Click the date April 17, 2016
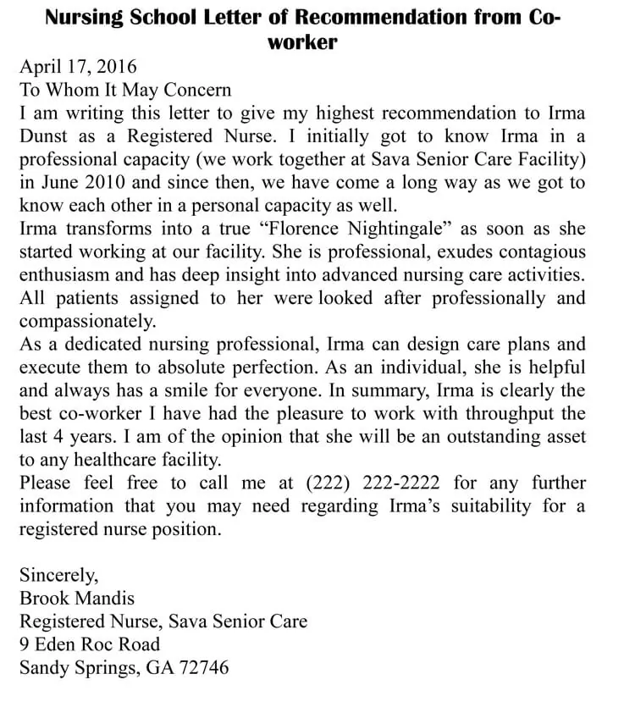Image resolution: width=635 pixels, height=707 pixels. (78, 67)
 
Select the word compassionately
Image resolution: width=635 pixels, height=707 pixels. (87, 321)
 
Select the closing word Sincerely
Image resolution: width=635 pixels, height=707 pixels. (58, 576)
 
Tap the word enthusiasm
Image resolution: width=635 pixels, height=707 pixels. (75, 274)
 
